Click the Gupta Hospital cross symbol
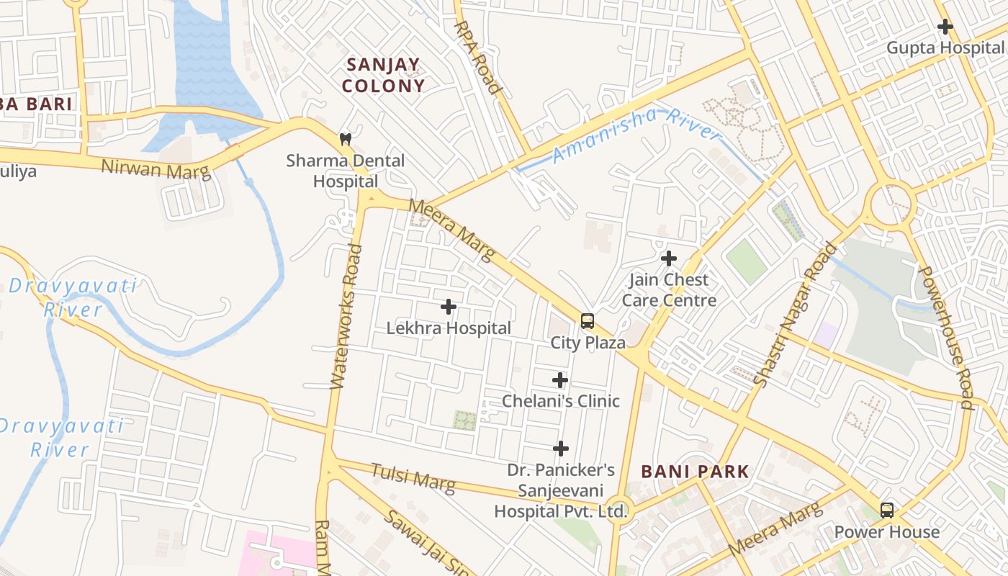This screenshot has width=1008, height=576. pyautogui.click(x=945, y=27)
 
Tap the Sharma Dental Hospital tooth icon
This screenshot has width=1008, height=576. pyautogui.click(x=346, y=138)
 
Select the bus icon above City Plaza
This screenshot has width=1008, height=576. pyautogui.click(x=588, y=321)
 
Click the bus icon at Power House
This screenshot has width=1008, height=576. pyautogui.click(x=887, y=510)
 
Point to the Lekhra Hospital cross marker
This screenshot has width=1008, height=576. pyautogui.click(x=449, y=307)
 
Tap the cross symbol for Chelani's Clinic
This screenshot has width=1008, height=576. pyautogui.click(x=560, y=380)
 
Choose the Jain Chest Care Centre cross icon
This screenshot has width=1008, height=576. pyautogui.click(x=669, y=258)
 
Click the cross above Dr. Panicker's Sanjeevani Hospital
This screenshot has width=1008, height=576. pyautogui.click(x=560, y=449)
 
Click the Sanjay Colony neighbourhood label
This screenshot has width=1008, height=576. pyautogui.click(x=383, y=75)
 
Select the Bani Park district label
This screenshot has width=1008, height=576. pyautogui.click(x=695, y=472)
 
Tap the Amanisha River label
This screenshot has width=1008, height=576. pyautogui.click(x=636, y=135)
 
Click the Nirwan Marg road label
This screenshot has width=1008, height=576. pyautogui.click(x=156, y=168)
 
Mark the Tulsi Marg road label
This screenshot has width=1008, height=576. pyautogui.click(x=413, y=479)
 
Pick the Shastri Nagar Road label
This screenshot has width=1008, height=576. pyautogui.click(x=795, y=314)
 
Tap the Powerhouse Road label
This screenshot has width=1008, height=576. pyautogui.click(x=945, y=337)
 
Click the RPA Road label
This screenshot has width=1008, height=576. pyautogui.click(x=477, y=58)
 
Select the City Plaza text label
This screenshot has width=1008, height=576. pyautogui.click(x=588, y=343)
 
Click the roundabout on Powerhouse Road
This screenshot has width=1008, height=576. pyautogui.click(x=891, y=204)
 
